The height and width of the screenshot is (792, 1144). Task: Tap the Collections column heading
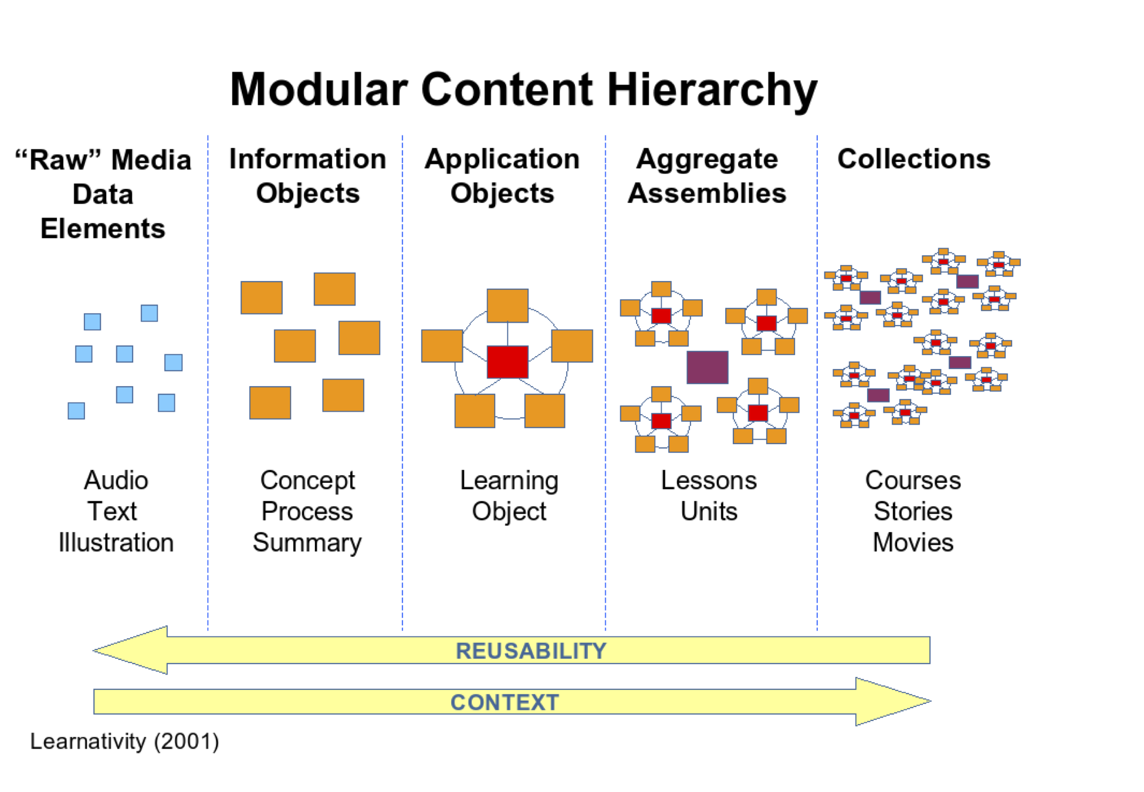(x=913, y=159)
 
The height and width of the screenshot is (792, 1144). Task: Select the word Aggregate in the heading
(x=707, y=159)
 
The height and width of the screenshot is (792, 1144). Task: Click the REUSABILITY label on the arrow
(x=531, y=651)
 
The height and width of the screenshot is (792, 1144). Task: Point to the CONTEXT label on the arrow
(x=505, y=702)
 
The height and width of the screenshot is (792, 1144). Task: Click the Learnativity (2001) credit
(x=124, y=742)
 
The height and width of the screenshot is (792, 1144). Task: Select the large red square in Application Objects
(x=507, y=361)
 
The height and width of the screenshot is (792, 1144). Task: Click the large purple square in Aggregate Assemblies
(x=708, y=367)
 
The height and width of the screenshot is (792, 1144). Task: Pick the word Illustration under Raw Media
(x=116, y=543)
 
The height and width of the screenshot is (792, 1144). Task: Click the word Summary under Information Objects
(x=307, y=543)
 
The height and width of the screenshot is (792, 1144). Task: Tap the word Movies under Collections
(x=913, y=543)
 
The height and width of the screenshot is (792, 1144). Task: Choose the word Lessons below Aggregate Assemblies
(x=709, y=480)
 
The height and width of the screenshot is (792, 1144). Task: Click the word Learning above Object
(x=509, y=480)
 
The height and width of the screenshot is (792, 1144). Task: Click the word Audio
(x=116, y=480)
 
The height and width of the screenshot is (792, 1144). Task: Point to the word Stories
(x=913, y=512)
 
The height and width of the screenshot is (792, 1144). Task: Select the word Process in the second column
(x=307, y=512)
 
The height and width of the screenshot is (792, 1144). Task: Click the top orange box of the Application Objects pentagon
(x=507, y=306)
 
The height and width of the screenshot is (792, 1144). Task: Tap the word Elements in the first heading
(x=103, y=229)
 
